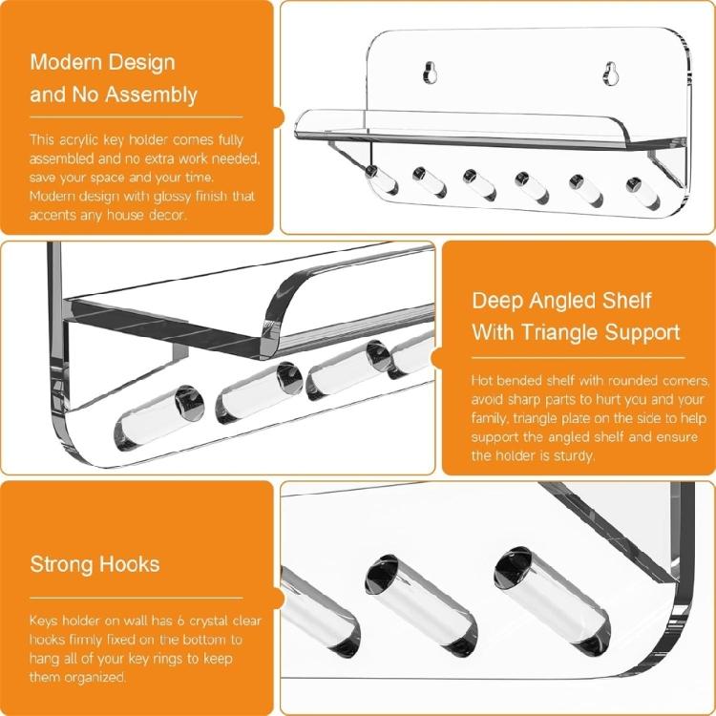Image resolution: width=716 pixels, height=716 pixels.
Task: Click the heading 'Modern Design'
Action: tap(102, 63)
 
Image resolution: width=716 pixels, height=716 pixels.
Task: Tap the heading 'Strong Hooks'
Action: tap(95, 563)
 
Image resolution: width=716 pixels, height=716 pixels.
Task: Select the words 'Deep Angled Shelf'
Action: tap(561, 301)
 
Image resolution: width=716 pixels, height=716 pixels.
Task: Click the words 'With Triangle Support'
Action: tap(576, 333)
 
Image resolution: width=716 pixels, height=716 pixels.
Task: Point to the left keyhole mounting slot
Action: tap(429, 73)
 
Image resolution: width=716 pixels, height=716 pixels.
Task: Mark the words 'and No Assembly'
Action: tap(114, 95)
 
